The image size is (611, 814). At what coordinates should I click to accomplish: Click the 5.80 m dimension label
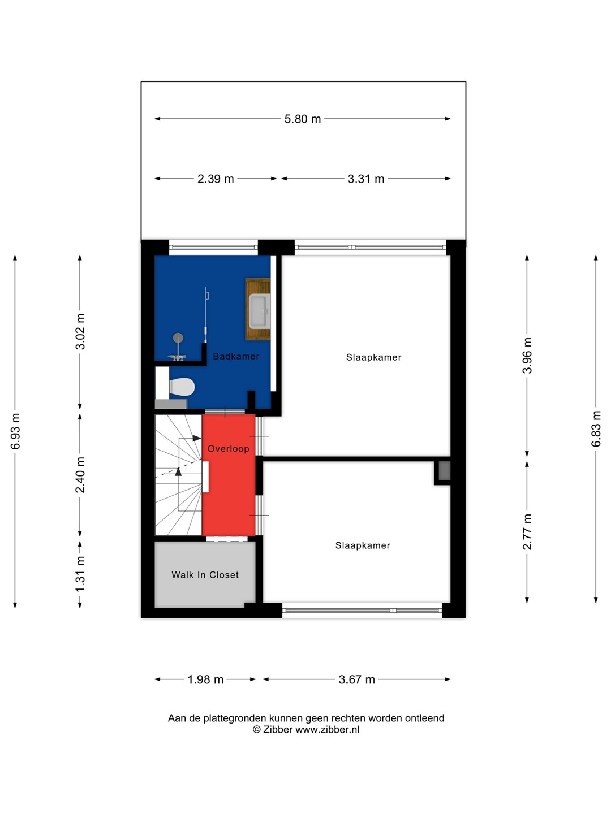302,119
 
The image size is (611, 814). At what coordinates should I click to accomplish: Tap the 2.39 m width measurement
216,179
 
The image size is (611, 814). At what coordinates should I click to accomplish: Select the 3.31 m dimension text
366,179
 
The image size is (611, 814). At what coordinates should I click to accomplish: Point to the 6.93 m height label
16,431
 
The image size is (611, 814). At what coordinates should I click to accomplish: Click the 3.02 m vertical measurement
80,331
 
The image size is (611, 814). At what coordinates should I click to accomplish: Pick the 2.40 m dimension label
80,475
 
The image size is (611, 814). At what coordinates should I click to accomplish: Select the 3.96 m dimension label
527,355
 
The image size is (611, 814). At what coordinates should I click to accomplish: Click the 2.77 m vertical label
527,532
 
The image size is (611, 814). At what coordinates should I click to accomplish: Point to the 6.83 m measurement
596,428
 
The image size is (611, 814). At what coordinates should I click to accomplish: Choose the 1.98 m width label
205,680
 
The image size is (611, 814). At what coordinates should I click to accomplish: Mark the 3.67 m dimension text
356,680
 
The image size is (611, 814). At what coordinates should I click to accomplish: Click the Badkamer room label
236,356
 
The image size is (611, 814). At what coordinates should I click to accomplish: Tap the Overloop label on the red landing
228,449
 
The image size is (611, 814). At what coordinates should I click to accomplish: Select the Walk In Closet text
205,575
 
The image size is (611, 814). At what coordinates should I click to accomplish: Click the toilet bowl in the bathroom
182,387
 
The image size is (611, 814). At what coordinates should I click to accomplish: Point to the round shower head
178,337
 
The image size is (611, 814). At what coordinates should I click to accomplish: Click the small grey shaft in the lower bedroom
445,471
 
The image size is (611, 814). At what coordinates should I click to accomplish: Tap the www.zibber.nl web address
327,729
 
